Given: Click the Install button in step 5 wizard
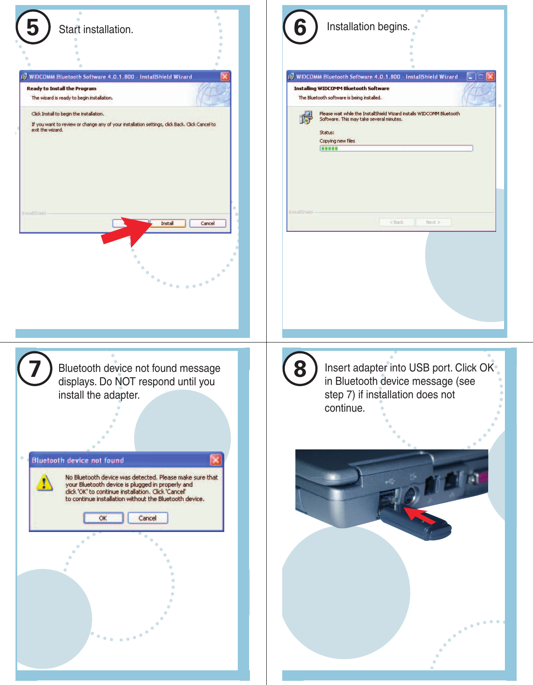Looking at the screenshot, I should [167, 223].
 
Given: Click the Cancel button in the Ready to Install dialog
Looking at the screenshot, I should [208, 223].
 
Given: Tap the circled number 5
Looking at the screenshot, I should [33, 28].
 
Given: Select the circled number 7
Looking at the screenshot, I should [34, 369].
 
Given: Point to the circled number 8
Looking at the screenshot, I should [300, 369].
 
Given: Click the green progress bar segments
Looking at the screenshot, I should [329, 148].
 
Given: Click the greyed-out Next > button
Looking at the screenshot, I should [433, 222].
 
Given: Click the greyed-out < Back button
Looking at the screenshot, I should [397, 222].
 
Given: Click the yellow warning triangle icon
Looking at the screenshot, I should [44, 483].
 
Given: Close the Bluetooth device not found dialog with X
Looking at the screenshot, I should [216, 460].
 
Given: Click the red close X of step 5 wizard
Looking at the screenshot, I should [225, 76].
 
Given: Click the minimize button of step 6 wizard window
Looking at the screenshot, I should [471, 76].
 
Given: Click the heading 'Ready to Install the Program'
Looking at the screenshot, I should [62, 88].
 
